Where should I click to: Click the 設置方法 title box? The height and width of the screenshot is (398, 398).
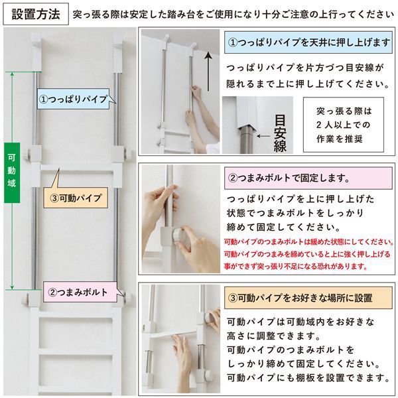(x=34, y=13)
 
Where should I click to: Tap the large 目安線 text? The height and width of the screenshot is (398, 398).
(x=280, y=132)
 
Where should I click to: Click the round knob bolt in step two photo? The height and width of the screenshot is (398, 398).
(x=177, y=235)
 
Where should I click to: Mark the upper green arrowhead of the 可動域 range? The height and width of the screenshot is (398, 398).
(x=13, y=74)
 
